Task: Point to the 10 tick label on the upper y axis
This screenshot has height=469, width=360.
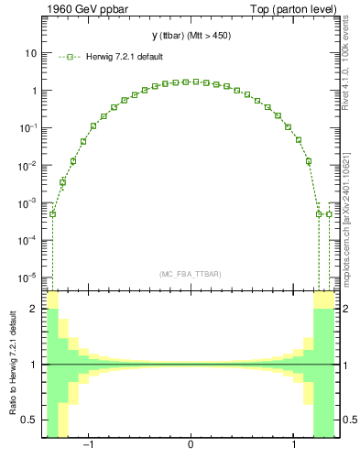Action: [30, 53]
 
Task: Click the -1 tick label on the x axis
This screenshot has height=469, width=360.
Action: [88, 446]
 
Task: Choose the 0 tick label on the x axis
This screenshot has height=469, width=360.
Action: [191, 446]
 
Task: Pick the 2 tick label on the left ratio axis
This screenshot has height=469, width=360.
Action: [34, 309]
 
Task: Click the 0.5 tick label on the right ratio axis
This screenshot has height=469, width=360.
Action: [349, 420]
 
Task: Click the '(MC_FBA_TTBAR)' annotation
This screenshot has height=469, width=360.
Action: [190, 274]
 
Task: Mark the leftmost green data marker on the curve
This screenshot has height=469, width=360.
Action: [52, 214]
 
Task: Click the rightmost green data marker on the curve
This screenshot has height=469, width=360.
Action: [329, 214]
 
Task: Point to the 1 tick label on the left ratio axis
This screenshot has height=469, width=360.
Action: [34, 365]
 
